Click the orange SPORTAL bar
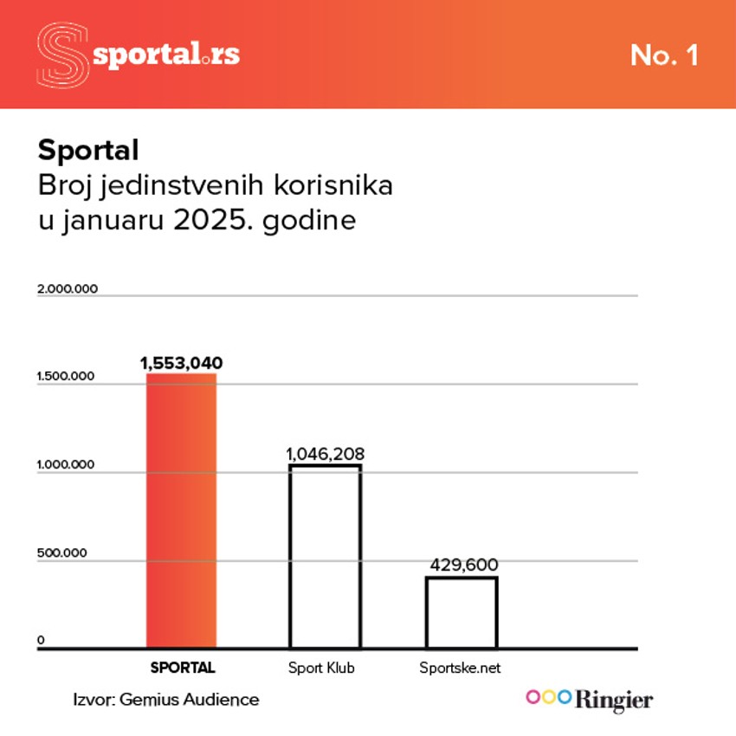coord(182,511)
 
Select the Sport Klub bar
coord(325,557)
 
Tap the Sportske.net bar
coord(462,612)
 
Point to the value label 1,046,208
coord(325,453)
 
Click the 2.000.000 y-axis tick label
coord(68,288)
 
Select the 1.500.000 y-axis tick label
coord(68,378)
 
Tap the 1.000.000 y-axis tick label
coord(68,466)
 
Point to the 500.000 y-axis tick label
coord(63,552)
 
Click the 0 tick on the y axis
coord(41,641)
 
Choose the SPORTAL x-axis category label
coord(182,668)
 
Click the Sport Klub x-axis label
coord(321,668)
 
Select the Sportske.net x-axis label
coord(460,668)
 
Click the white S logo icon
coord(63,55)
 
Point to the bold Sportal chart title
coord(88,151)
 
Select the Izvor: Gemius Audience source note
coord(166,700)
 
